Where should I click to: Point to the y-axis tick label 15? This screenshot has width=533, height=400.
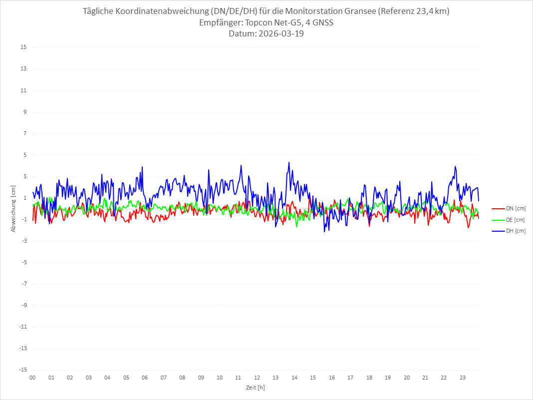tap(23, 47)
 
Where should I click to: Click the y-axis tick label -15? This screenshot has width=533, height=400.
tap(22, 370)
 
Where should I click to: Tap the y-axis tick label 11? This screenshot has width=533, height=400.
tap(23, 90)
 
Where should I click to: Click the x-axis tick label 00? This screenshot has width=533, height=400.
tap(32, 378)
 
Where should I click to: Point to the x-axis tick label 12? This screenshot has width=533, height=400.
tap(257, 378)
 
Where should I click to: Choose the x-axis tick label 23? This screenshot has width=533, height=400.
tap(463, 378)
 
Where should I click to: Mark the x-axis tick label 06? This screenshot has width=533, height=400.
tap(145, 378)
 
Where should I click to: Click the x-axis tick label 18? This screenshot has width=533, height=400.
tap(369, 378)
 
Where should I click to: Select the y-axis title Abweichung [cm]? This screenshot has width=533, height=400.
tap(13, 208)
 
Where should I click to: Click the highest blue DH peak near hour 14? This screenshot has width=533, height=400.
tap(288, 162)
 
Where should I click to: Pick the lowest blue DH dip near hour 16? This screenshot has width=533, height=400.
tap(324, 232)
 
